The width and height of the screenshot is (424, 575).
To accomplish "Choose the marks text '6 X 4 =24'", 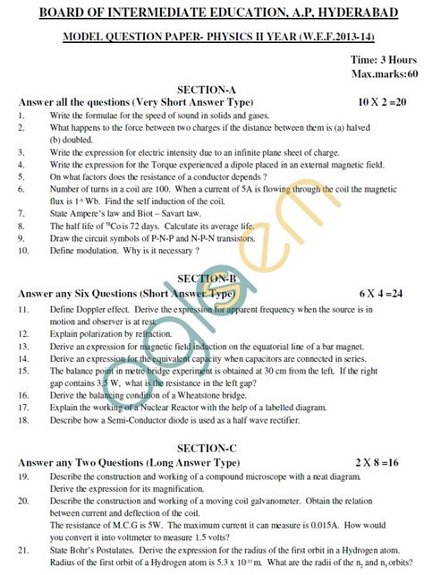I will [x=381, y=293].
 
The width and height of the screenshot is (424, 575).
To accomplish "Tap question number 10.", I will [x=22, y=251].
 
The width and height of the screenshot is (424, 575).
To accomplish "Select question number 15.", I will [x=22, y=369].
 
